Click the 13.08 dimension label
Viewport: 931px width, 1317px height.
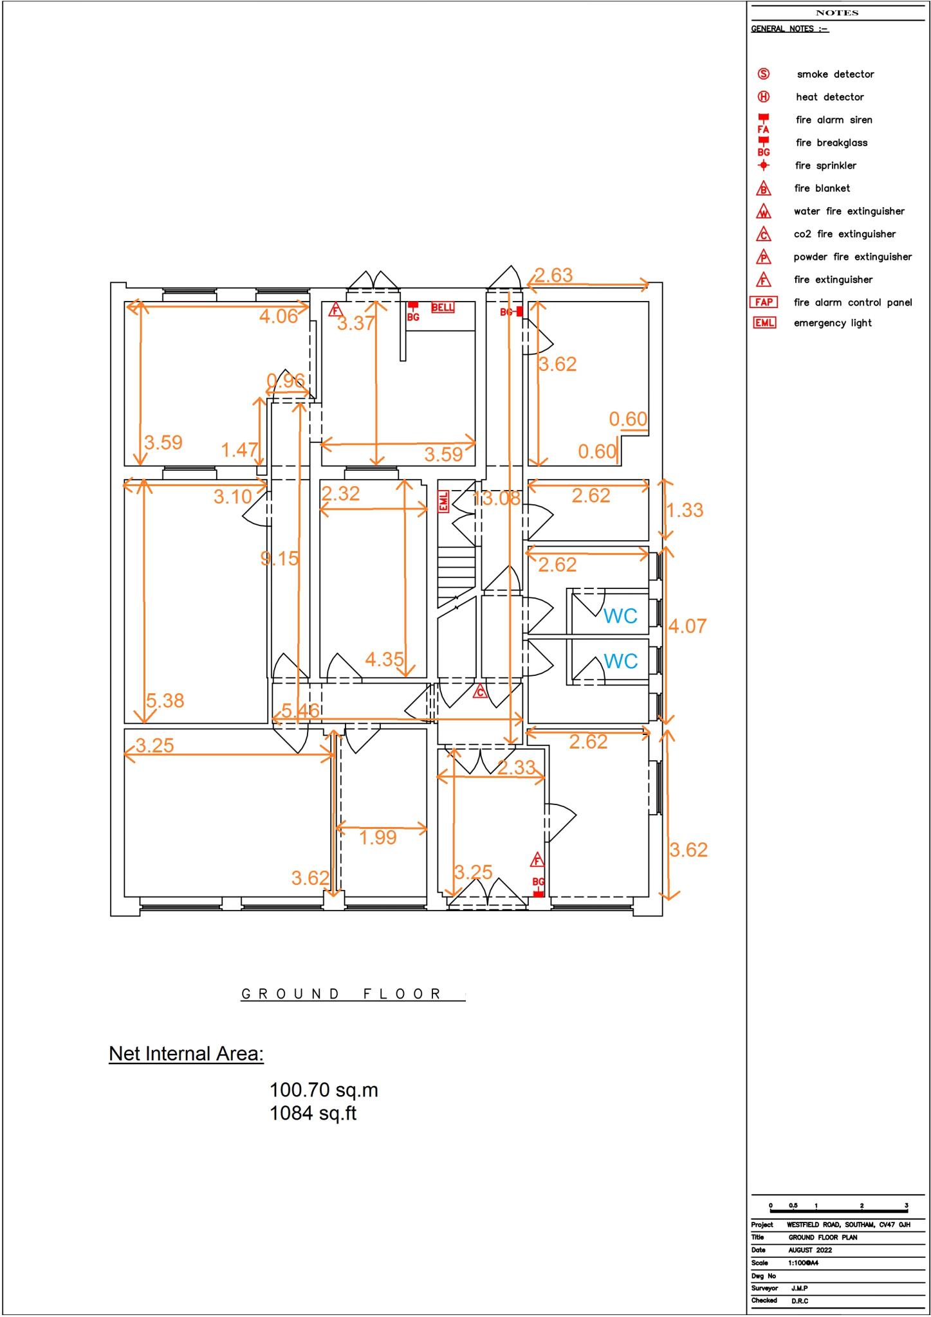tap(496, 498)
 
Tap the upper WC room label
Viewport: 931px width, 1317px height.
tap(620, 616)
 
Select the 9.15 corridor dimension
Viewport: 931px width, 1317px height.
tap(280, 558)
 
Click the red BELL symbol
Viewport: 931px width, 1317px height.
tap(443, 307)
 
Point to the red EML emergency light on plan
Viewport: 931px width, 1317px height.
tap(443, 502)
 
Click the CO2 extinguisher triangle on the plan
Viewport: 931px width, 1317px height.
tap(479, 693)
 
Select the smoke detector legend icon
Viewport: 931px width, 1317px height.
tap(763, 74)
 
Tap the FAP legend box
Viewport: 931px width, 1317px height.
tap(764, 302)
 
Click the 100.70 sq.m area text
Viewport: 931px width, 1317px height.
tap(324, 1090)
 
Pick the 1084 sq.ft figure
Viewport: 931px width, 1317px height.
tap(313, 1113)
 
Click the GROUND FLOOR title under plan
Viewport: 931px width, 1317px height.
tap(342, 994)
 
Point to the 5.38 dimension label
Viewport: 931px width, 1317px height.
tap(165, 700)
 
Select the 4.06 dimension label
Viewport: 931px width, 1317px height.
tap(279, 316)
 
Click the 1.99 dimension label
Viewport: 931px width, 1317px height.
tap(378, 837)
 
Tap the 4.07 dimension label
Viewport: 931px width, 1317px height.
tap(687, 626)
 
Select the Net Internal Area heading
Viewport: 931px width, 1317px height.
tap(186, 1053)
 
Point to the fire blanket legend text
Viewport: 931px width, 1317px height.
tap(822, 188)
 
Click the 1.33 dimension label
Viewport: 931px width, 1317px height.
tap(685, 510)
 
